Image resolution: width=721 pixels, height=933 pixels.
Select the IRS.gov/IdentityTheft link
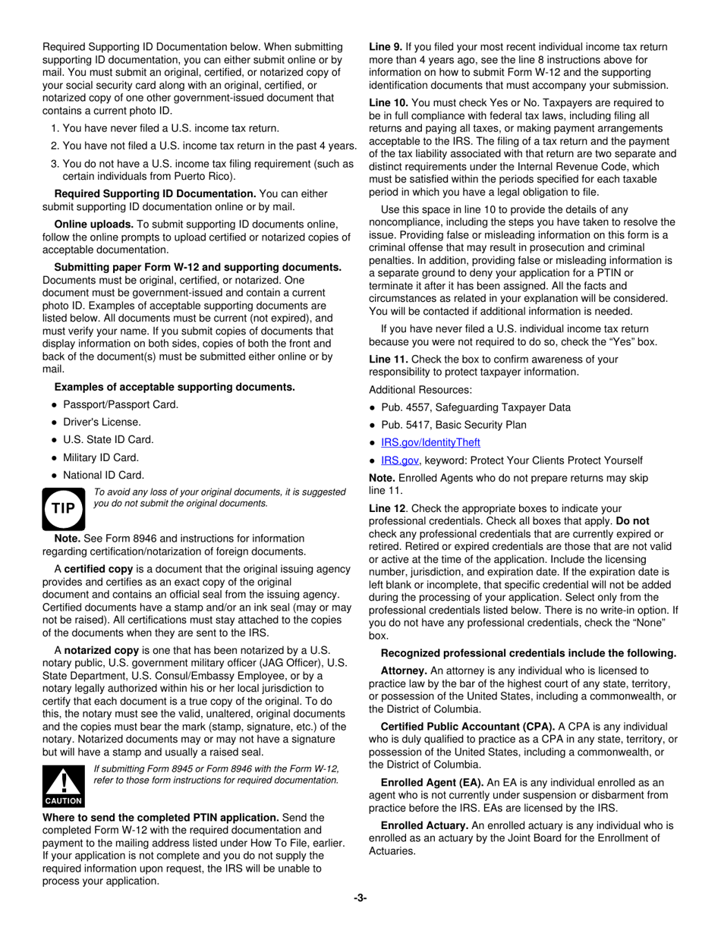[430, 442]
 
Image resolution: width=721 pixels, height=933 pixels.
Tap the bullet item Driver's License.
[102, 422]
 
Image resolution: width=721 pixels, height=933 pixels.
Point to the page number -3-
[360, 898]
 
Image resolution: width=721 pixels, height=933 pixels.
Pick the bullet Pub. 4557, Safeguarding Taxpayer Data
[476, 407]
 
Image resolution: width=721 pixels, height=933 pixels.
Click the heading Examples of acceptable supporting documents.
[175, 387]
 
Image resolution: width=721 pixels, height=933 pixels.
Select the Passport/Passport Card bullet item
[121, 404]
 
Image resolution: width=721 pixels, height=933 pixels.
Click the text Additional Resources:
[420, 389]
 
